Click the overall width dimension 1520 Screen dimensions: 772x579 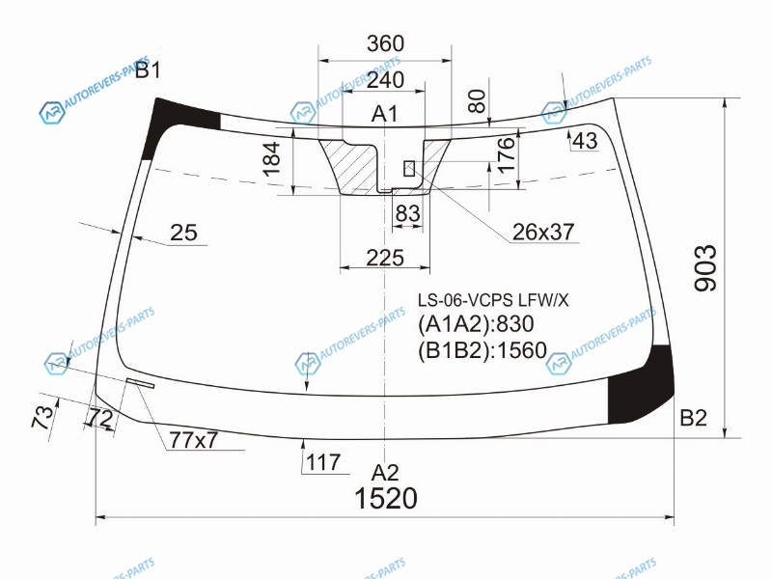[385, 498]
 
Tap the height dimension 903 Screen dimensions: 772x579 [705, 268]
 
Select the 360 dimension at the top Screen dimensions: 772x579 [385, 43]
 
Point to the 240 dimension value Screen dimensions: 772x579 [385, 80]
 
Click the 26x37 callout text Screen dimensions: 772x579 [543, 232]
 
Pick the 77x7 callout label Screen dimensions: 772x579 [193, 440]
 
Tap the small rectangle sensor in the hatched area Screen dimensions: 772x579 [409, 168]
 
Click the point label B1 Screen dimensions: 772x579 [148, 70]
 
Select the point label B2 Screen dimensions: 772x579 [693, 418]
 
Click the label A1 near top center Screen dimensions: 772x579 [384, 114]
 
